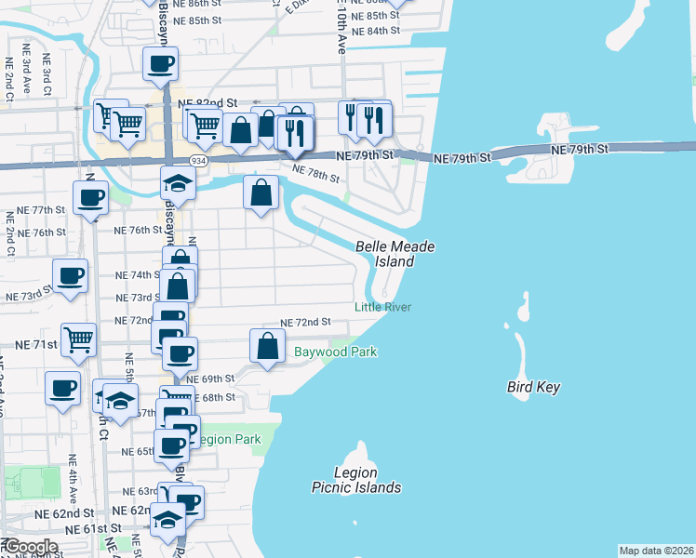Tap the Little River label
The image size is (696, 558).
pos(382,307)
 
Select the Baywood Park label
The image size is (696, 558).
pos(336,352)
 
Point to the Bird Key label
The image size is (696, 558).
pos(533,387)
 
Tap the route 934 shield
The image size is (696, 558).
pos(198,161)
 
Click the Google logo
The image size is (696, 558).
pos(30,547)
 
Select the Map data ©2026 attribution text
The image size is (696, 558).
pos(656,551)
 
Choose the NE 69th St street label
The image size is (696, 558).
pos(209,379)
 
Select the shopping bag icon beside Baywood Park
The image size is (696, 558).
pos(267,347)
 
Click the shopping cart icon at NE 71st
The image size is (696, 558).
pos(78,339)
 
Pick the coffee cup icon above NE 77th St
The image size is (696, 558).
pos(90,197)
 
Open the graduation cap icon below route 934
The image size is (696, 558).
pos(178,184)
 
